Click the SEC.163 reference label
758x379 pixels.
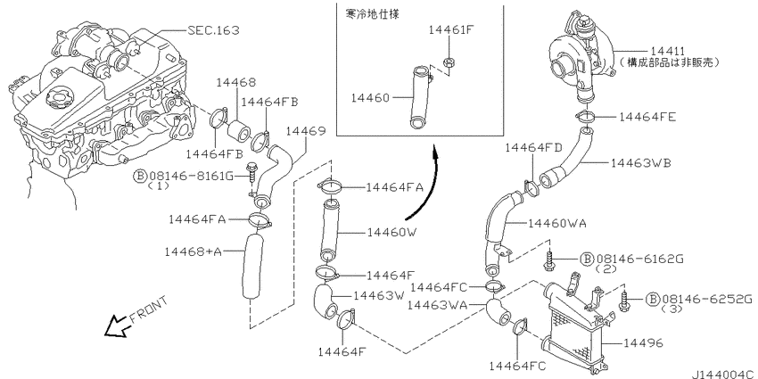(213, 30)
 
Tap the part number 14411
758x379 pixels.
(667, 51)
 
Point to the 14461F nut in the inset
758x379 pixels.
(449, 62)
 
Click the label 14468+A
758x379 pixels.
(193, 251)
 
